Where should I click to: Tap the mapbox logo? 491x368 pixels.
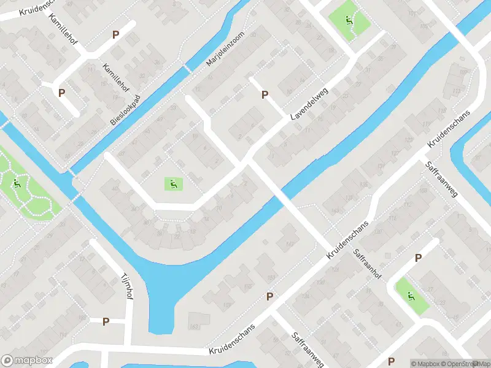(x=26, y=361)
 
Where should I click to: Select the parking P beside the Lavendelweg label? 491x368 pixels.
(x=265, y=94)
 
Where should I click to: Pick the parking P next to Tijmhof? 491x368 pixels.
(x=106, y=321)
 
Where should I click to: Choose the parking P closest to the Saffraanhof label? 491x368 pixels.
(x=418, y=258)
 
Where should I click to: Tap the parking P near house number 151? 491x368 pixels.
(x=269, y=296)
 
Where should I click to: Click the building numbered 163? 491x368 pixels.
(x=195, y=318)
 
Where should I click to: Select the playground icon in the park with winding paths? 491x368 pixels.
(x=17, y=182)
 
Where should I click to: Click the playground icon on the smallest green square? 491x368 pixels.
(x=173, y=183)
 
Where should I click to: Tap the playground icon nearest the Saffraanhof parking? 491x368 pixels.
(x=410, y=296)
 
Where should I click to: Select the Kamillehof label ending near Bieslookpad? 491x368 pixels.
(x=115, y=76)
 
